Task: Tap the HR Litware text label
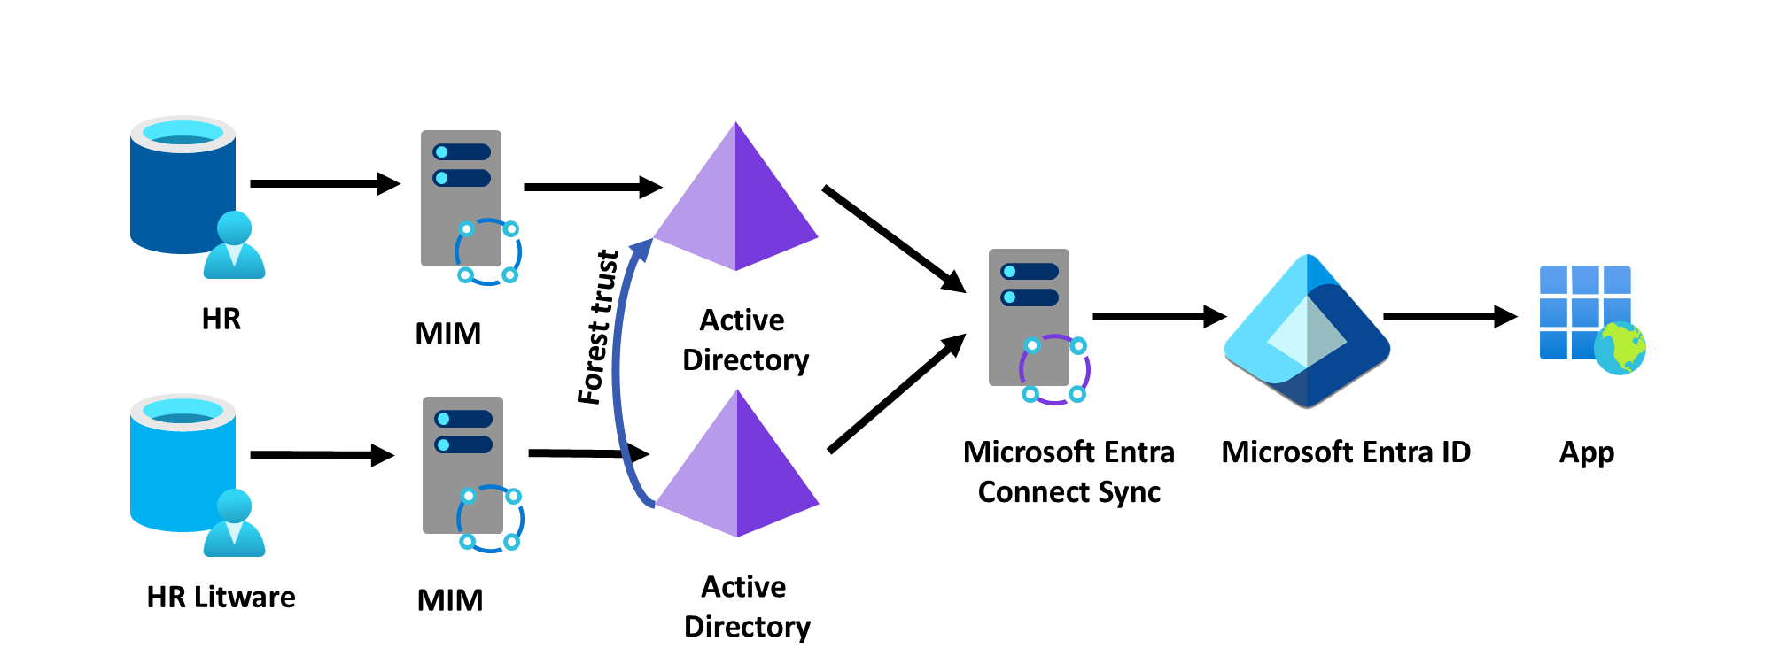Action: coord(221,598)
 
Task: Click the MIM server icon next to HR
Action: coord(462,198)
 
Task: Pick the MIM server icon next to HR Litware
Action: coord(463,465)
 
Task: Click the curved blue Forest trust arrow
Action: coord(618,372)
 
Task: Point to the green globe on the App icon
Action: coord(1620,348)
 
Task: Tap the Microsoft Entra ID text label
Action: coord(1345,452)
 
